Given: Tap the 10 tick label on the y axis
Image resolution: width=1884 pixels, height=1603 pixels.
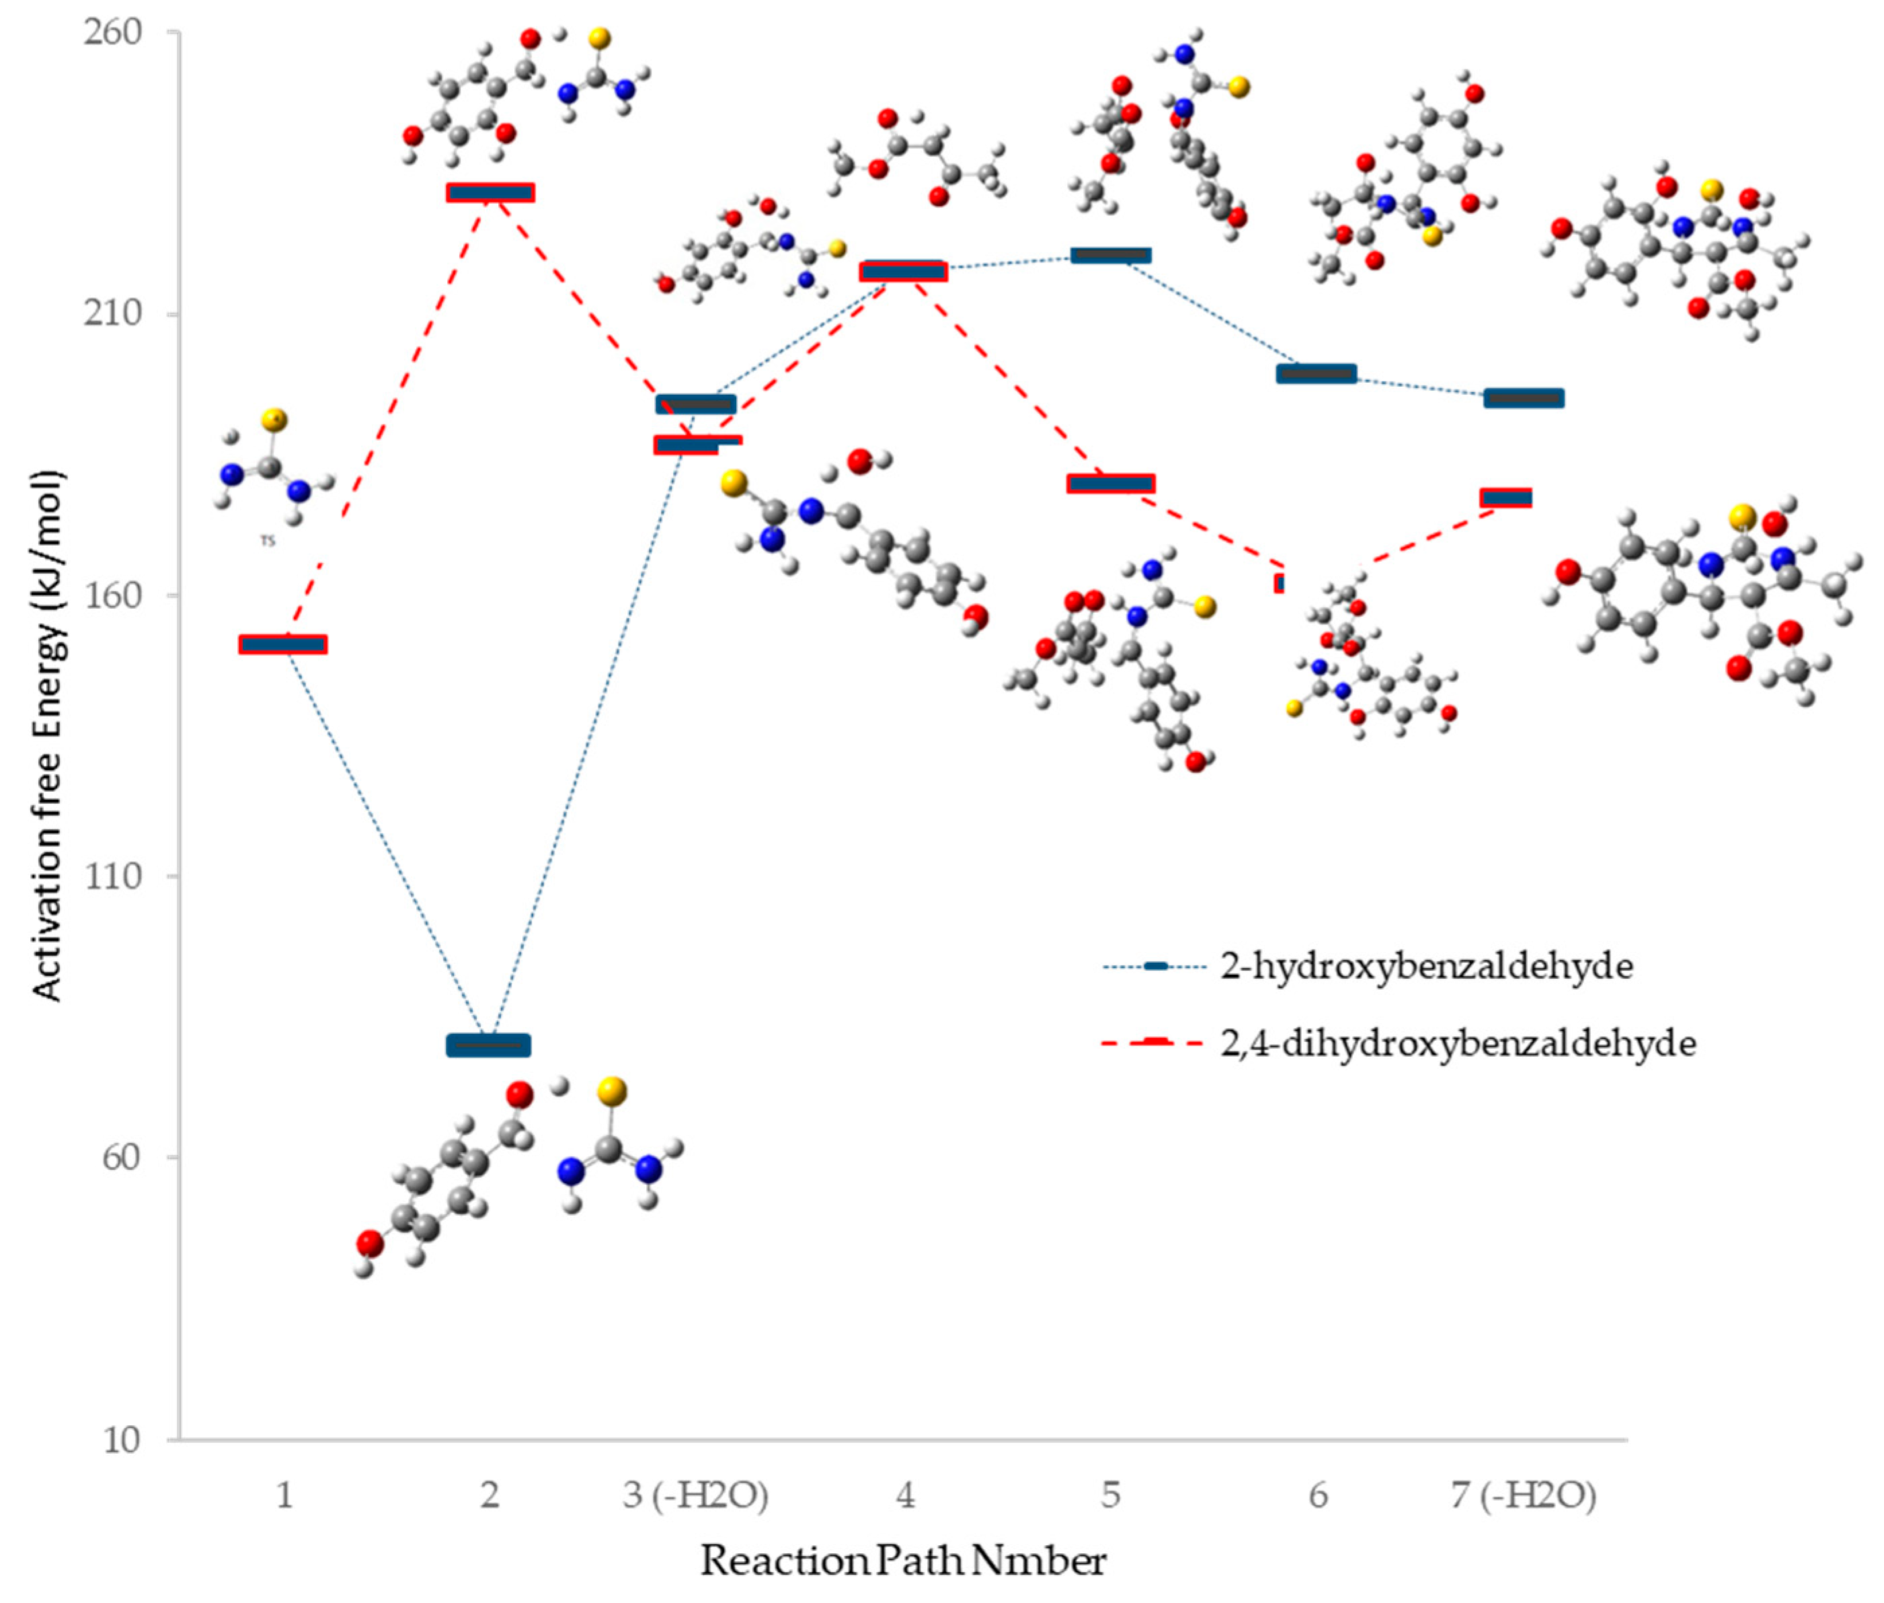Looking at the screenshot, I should coord(122,1440).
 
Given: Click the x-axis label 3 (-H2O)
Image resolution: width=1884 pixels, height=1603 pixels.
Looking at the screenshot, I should coord(696,1495).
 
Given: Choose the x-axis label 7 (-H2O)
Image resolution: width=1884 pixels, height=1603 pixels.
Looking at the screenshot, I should coord(1524,1495).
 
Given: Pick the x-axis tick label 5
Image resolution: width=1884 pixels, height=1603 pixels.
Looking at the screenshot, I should coord(1111,1495).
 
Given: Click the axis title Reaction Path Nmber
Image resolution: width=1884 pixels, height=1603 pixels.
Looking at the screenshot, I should coord(903,1561).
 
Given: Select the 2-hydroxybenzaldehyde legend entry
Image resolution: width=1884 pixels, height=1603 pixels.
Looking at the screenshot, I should coord(1426,966).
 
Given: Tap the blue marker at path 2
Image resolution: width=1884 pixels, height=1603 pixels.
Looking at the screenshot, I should coord(489,1045).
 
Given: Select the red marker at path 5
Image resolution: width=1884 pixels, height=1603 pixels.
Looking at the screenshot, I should coord(1111,484).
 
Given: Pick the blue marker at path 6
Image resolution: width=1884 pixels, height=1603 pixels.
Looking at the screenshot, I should coord(1317,373).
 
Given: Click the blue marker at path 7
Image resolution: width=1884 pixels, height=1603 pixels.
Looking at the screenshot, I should coord(1524,398).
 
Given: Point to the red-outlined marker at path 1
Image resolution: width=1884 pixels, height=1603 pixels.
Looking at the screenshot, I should coord(282,644).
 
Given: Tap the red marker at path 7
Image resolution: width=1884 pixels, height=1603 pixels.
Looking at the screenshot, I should coord(1506,498).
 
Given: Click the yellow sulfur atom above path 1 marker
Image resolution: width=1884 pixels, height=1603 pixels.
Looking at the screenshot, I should coord(274,420).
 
